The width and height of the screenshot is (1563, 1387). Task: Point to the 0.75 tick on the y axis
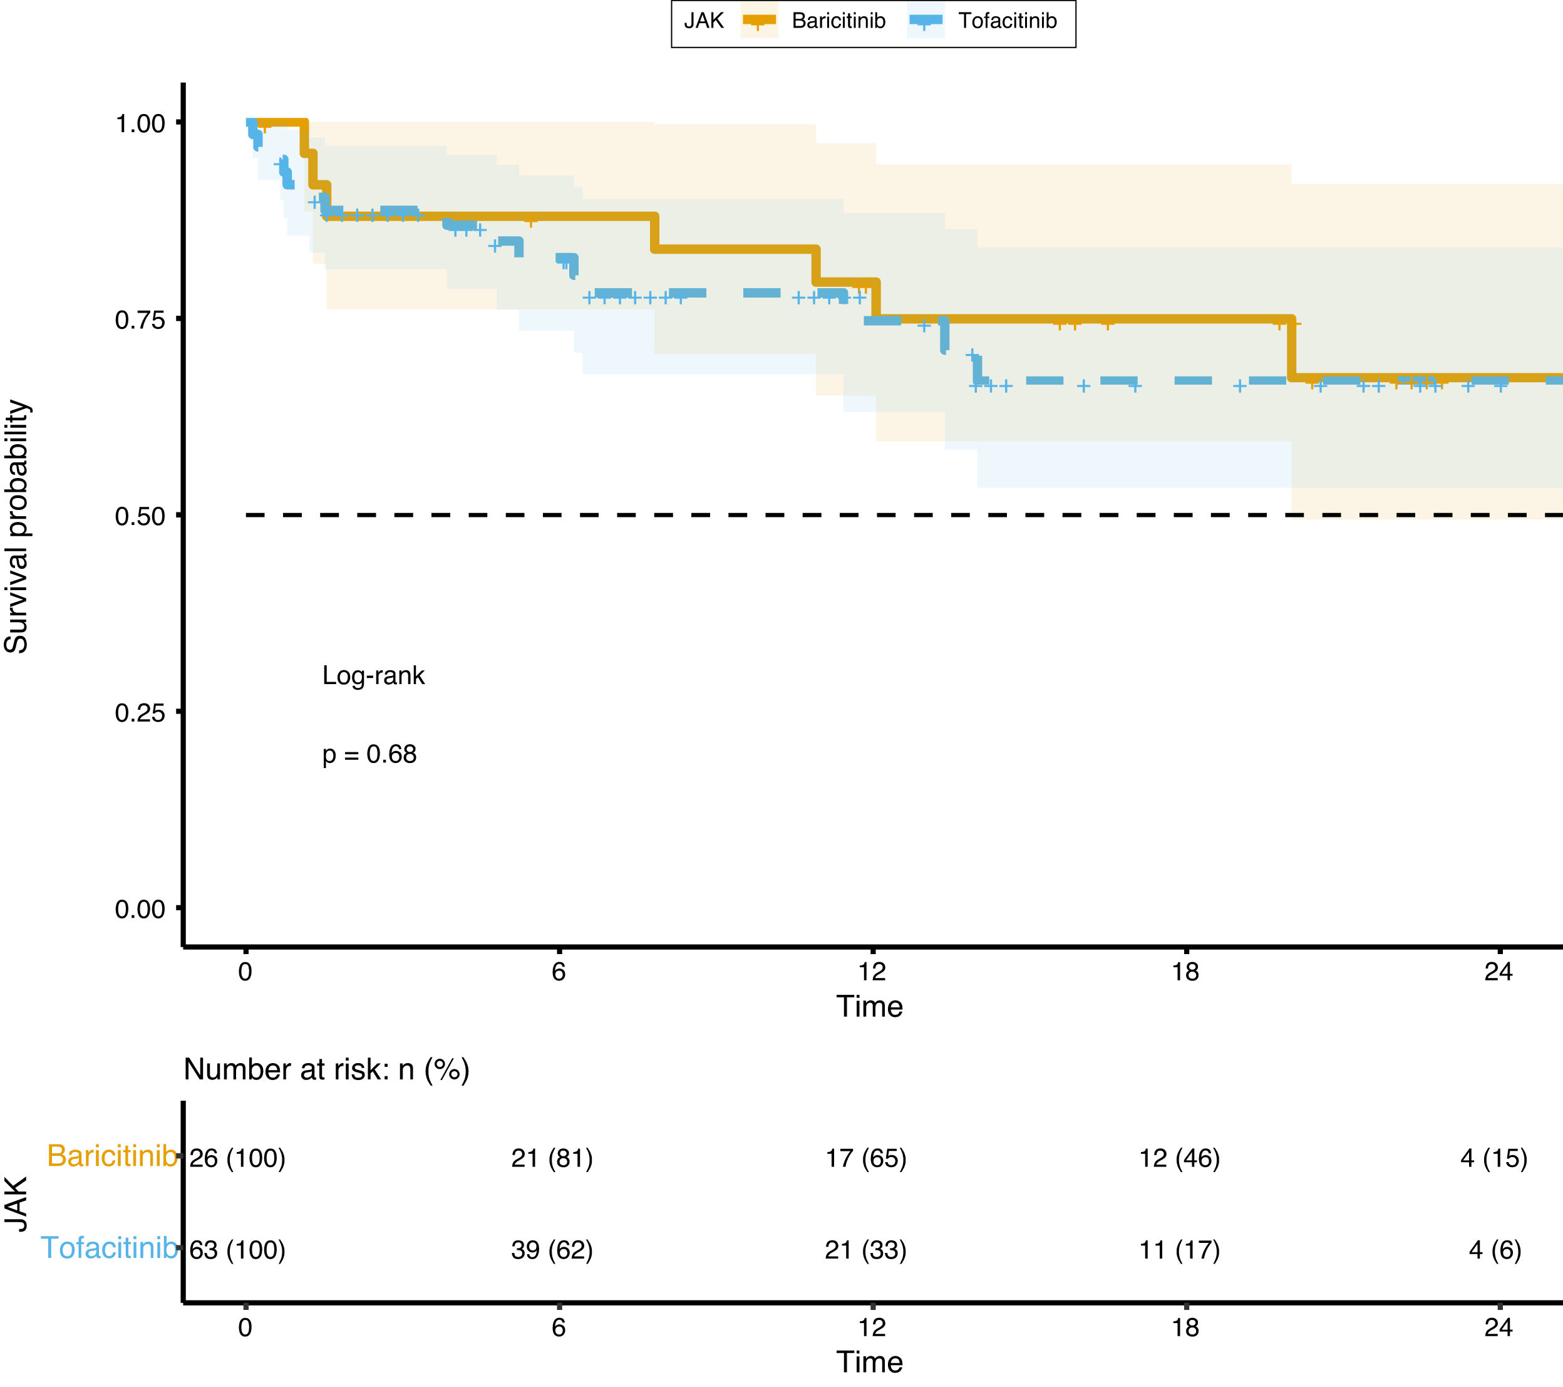(x=140, y=319)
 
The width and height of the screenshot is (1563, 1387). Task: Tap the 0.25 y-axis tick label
(x=140, y=713)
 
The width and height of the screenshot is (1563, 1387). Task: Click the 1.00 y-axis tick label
(x=140, y=123)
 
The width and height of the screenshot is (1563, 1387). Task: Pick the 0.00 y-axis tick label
(x=140, y=910)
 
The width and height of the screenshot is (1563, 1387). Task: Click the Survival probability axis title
(x=16, y=526)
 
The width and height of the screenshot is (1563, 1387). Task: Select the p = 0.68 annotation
(x=369, y=754)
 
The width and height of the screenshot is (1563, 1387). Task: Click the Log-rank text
(x=373, y=675)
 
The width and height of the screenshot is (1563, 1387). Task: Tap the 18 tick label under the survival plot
(x=1185, y=972)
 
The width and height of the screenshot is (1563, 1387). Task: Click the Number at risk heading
(x=326, y=1069)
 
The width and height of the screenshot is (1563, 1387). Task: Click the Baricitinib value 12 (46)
(x=1179, y=1158)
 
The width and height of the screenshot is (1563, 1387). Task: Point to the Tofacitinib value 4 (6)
(x=1495, y=1250)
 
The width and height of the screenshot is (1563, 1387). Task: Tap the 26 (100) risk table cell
(x=237, y=1158)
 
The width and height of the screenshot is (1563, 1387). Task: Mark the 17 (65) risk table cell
(x=865, y=1158)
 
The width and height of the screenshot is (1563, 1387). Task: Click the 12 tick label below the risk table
(x=872, y=1327)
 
